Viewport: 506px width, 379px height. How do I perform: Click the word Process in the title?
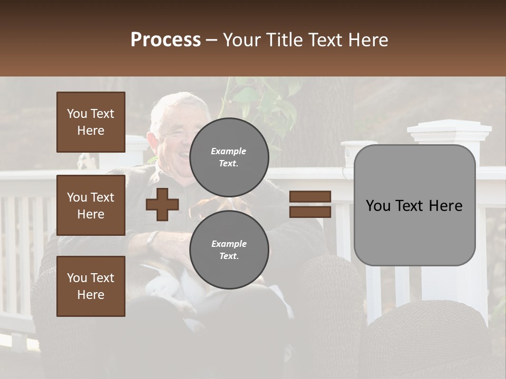166,40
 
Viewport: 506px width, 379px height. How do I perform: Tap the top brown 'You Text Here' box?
91,122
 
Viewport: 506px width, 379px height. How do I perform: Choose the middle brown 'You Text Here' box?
91,205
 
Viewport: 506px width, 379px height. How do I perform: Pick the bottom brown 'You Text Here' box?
91,286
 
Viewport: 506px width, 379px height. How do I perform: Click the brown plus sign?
162,204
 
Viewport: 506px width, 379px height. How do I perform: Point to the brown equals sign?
310,204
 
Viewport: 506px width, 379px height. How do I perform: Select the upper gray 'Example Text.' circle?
229,157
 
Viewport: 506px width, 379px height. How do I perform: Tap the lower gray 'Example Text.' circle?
229,250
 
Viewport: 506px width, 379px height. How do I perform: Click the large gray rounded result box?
414,205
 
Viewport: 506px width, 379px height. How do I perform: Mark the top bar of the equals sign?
310,197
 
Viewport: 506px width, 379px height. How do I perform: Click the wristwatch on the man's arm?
151,240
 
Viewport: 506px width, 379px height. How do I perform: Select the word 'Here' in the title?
368,40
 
